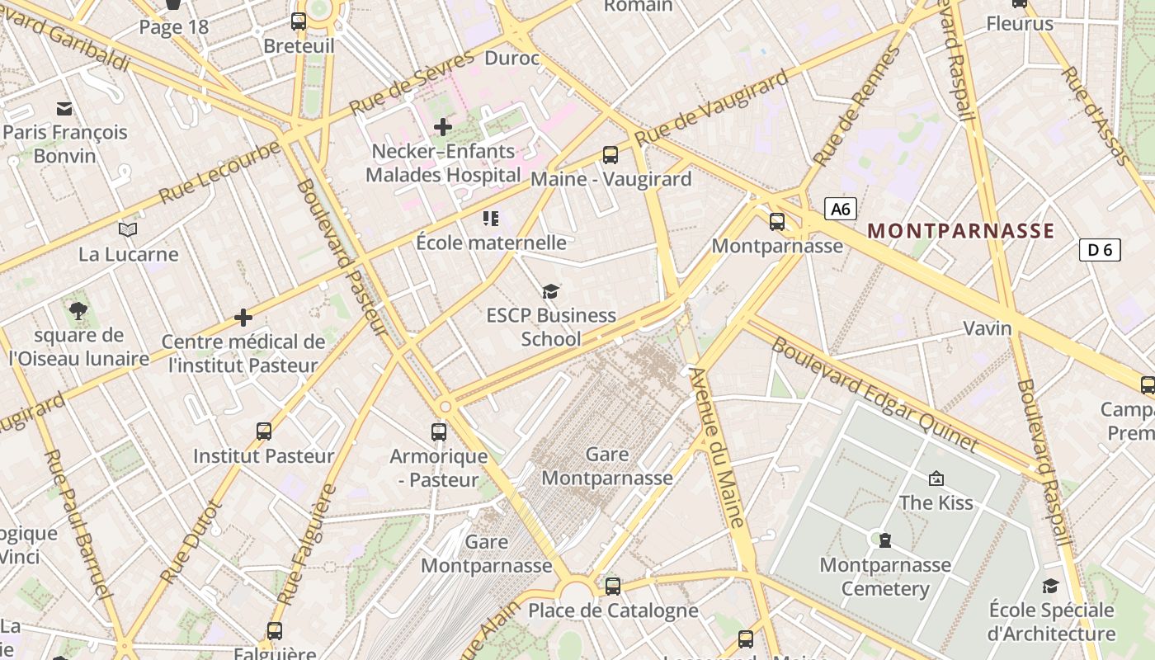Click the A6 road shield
pyautogui.click(x=840, y=209)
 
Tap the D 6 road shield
pyautogui.click(x=1100, y=249)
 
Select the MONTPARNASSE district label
pyautogui.click(x=961, y=231)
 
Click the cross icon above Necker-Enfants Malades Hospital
pyautogui.click(x=443, y=127)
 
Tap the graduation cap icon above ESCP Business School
pyautogui.click(x=550, y=291)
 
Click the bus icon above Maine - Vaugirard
pyautogui.click(x=610, y=154)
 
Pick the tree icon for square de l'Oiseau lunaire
pyautogui.click(x=78, y=311)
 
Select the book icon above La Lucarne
pyautogui.click(x=128, y=229)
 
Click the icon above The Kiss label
pyautogui.click(x=936, y=478)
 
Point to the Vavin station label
pyautogui.click(x=988, y=328)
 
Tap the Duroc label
pyautogui.click(x=511, y=58)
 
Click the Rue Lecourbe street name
pyautogui.click(x=220, y=172)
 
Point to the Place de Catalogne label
pyautogui.click(x=613, y=610)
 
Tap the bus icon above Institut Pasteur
pyautogui.click(x=264, y=431)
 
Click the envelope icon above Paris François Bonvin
pyautogui.click(x=64, y=108)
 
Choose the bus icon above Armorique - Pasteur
pyautogui.click(x=439, y=431)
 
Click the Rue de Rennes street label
pyautogui.click(x=856, y=107)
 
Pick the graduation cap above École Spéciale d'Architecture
pyautogui.click(x=1050, y=586)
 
